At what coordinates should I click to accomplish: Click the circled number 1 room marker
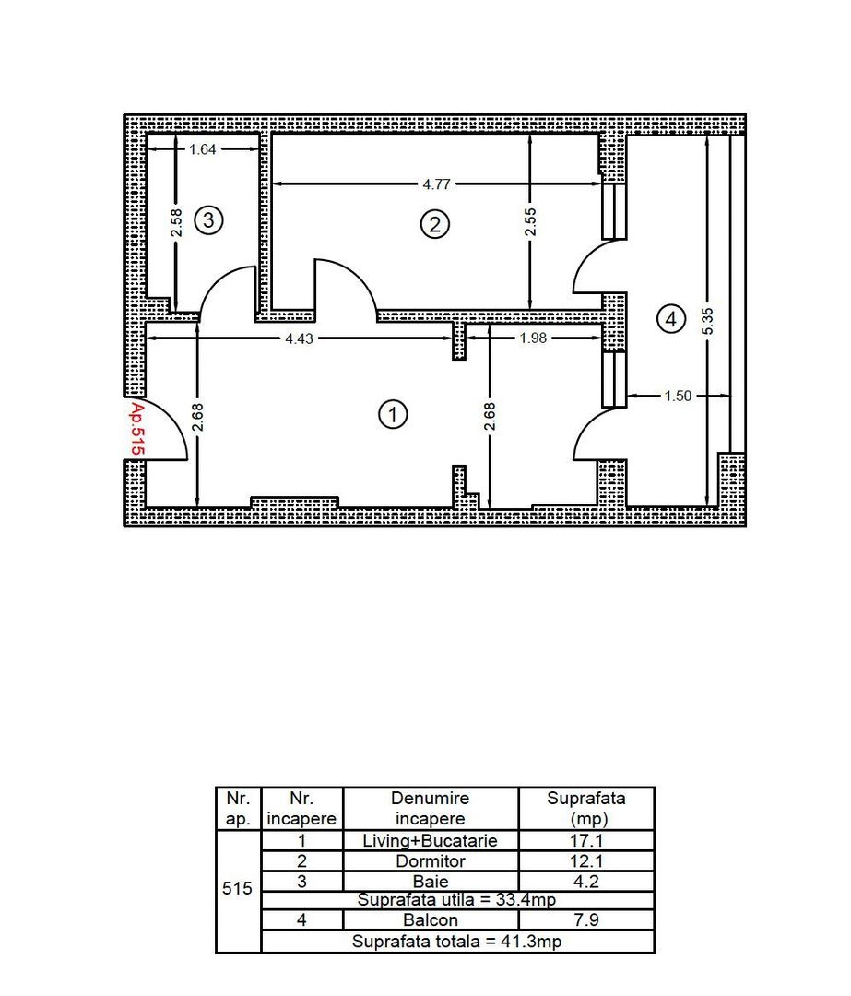(394, 416)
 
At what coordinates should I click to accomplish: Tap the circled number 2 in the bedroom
(433, 224)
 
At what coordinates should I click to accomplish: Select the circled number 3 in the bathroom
(208, 220)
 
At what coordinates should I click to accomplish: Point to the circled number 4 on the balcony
(670, 319)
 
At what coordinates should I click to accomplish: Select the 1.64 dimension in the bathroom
(202, 149)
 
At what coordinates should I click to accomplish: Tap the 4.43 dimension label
(299, 338)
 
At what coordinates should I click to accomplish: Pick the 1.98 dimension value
(533, 338)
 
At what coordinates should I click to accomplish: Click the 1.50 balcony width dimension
(678, 397)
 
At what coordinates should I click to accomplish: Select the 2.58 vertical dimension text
(176, 222)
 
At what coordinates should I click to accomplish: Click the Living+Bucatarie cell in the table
(431, 841)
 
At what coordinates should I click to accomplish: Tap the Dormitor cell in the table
(431, 861)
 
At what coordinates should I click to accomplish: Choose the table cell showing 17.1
(586, 841)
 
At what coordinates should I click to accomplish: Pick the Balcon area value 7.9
(586, 920)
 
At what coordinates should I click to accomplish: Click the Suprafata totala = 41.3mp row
(457, 942)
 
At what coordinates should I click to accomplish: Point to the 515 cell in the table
(238, 891)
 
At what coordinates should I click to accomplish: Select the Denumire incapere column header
(431, 809)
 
